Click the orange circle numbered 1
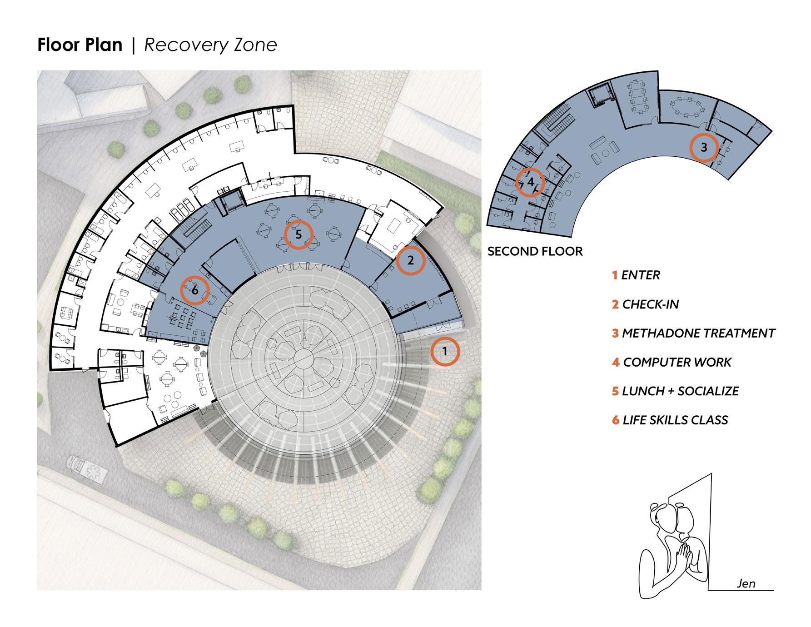445,351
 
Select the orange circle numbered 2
410,261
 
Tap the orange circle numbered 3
704,148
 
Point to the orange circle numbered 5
299,234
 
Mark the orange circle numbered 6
195,290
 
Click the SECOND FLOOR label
535,252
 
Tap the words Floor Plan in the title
80,45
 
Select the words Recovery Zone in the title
210,45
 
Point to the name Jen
746,583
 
